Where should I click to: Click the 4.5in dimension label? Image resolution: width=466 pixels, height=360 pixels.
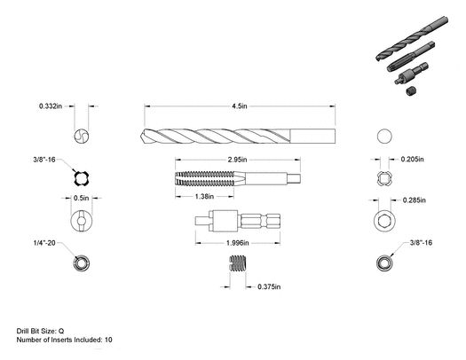point(240,106)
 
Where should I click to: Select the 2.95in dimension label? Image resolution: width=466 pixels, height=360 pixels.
point(237,160)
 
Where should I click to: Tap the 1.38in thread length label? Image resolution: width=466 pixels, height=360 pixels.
point(204,197)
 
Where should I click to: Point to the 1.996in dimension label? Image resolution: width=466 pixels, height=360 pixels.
point(238,243)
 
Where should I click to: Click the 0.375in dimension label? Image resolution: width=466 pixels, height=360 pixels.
point(269,286)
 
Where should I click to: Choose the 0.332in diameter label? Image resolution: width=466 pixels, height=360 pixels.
point(51,106)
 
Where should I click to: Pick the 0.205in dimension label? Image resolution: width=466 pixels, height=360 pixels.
point(412,160)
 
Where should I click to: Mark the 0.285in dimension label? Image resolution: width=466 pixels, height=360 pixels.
point(414,200)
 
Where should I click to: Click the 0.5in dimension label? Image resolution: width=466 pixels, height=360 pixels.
point(81,198)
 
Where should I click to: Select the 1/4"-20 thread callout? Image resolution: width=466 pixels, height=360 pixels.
point(44,243)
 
